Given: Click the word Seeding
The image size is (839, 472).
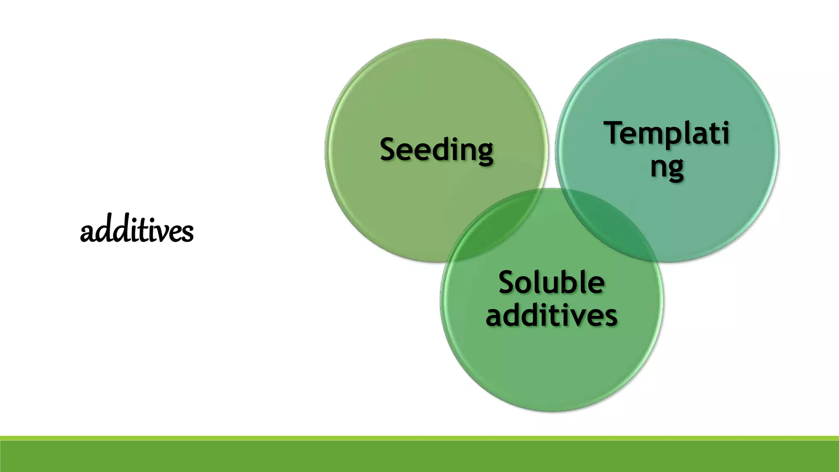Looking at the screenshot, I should pyautogui.click(x=436, y=150).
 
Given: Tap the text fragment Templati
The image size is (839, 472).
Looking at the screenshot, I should pyautogui.click(x=667, y=133).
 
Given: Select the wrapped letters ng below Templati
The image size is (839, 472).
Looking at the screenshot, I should pyautogui.click(x=667, y=167).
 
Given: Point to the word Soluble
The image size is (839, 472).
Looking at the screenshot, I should pyautogui.click(x=551, y=283).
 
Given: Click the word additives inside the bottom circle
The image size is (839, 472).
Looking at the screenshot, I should pyautogui.click(x=551, y=315).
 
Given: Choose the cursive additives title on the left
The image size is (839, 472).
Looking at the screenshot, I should pyautogui.click(x=136, y=231).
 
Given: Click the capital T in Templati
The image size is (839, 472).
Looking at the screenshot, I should pyautogui.click(x=616, y=133).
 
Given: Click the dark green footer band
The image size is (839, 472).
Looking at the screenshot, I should pyautogui.click(x=419, y=457).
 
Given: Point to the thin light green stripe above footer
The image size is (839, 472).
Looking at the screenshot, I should pyautogui.click(x=419, y=438).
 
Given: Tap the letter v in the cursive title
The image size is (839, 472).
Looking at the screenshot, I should pyautogui.click(x=169, y=233).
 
